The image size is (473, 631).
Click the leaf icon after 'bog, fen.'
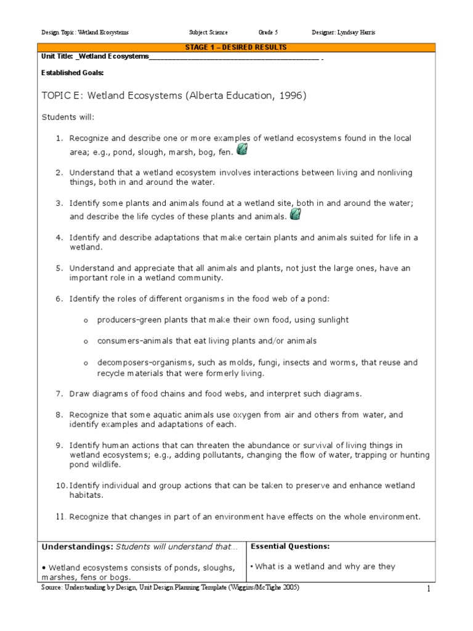tap(243, 149)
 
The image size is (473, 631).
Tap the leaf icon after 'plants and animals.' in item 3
tap(296, 214)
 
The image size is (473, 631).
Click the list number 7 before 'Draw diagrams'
tap(60, 393)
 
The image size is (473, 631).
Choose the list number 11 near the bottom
tap(60, 516)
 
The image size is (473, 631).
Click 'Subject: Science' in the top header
tap(208, 32)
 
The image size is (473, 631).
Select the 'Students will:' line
tap(68, 117)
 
